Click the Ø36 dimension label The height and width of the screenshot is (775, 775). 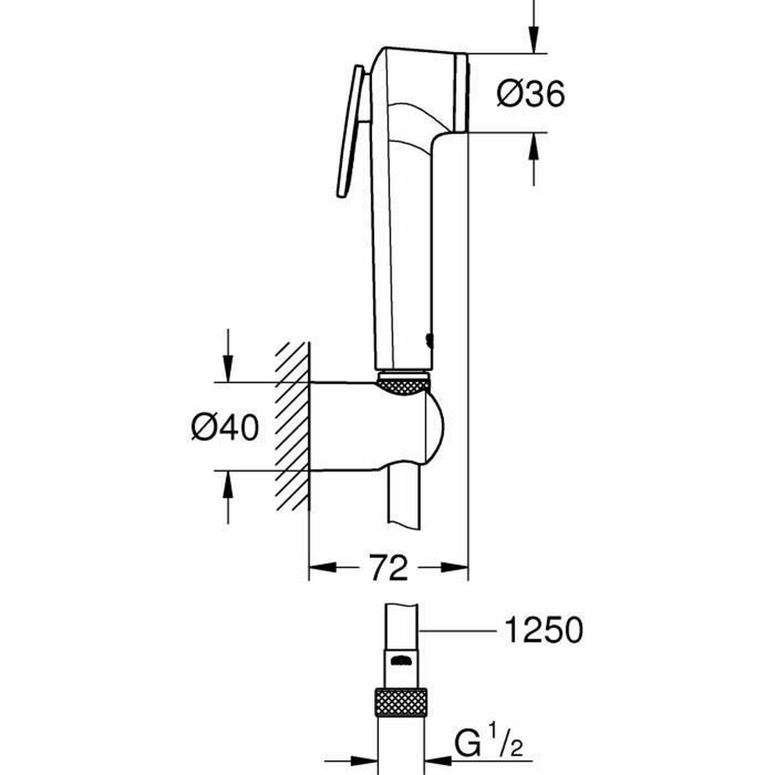pyautogui.click(x=530, y=94)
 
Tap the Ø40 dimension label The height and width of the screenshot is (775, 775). pyautogui.click(x=224, y=428)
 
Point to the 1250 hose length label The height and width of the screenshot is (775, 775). pyautogui.click(x=542, y=630)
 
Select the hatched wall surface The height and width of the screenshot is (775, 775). pyautogui.click(x=293, y=426)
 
